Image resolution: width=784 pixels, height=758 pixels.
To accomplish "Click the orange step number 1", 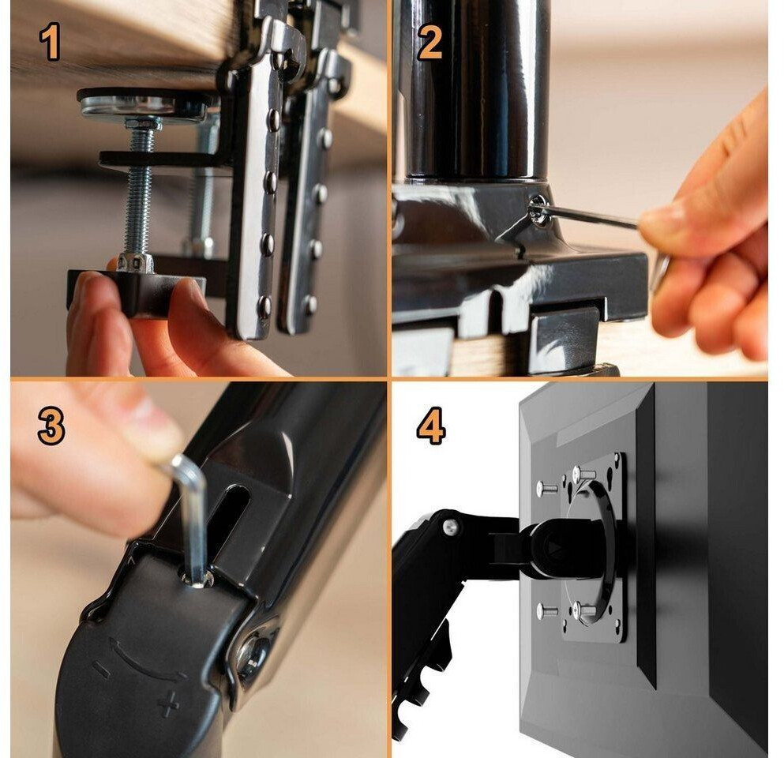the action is (50, 42).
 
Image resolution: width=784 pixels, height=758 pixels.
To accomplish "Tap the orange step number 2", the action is (430, 43).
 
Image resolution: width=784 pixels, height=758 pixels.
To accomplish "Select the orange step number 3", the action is (51, 426).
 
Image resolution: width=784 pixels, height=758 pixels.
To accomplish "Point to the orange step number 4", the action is (430, 426).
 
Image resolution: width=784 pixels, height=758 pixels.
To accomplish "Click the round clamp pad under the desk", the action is (145, 103).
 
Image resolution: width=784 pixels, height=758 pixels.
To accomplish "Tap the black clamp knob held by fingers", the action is (136, 292).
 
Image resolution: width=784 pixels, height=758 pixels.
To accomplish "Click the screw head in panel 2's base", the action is (539, 210).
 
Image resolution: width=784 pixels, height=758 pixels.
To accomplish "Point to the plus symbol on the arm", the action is (168, 704).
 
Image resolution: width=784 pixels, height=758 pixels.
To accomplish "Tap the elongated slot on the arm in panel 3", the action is (231, 520).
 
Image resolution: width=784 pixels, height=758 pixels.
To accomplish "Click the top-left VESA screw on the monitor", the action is (546, 489).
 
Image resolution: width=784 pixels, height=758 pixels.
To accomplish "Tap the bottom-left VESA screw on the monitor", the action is (547, 611).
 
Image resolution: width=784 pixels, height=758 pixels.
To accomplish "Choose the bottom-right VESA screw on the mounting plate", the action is (584, 610).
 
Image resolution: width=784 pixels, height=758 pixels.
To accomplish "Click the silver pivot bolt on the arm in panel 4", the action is (451, 526).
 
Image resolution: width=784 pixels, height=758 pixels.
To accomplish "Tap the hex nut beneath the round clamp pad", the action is (143, 123).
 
